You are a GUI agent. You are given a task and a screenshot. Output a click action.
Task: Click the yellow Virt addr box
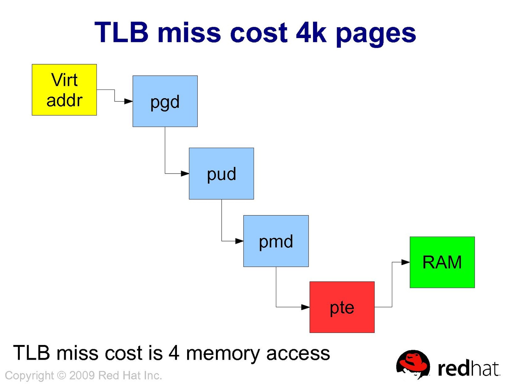pyautogui.click(x=64, y=90)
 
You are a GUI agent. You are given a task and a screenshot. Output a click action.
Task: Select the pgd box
pyautogui.click(x=165, y=101)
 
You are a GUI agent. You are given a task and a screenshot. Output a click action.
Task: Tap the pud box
pyautogui.click(x=221, y=174)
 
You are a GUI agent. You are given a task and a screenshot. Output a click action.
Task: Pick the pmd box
pyautogui.click(x=276, y=241)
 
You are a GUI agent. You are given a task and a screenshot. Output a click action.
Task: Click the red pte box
pyautogui.click(x=342, y=307)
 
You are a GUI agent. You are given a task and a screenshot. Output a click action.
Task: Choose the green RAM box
pyautogui.click(x=442, y=262)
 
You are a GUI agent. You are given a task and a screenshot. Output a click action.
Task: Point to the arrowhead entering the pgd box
pyautogui.click(x=129, y=101)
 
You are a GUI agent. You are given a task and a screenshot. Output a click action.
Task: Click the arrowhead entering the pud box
pyautogui.click(x=185, y=174)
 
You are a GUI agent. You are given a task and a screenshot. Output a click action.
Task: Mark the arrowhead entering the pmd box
pyautogui.click(x=240, y=241)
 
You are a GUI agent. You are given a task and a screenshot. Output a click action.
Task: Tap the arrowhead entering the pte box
pyautogui.click(x=306, y=307)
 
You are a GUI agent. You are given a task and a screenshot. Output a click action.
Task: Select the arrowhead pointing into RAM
pyautogui.click(x=406, y=262)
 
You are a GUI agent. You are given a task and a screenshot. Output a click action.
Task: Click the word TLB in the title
pyautogui.click(x=122, y=33)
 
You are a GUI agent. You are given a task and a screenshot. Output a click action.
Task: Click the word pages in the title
pyautogui.click(x=376, y=35)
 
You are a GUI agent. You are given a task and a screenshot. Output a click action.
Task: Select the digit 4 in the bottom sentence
pyautogui.click(x=174, y=353)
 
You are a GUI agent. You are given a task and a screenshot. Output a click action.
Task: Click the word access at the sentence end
pyautogui.click(x=298, y=354)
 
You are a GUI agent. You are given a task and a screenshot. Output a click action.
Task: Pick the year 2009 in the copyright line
pyautogui.click(x=82, y=375)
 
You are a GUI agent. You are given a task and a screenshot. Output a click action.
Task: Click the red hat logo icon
pyautogui.click(x=413, y=364)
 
